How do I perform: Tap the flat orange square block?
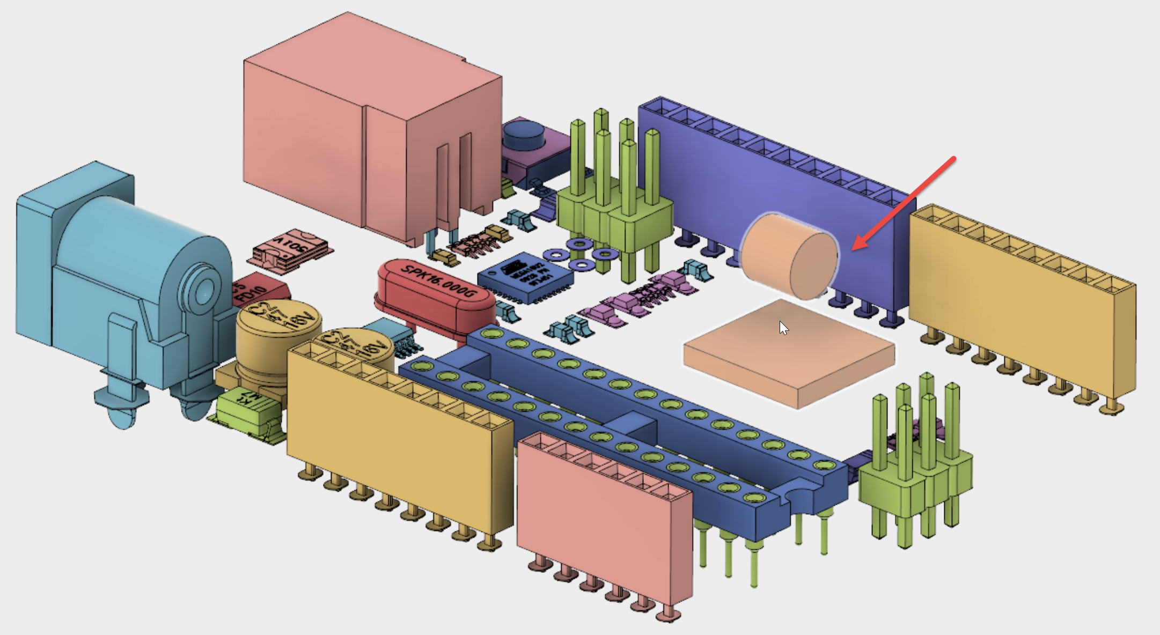(789, 354)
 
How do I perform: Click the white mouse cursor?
(783, 328)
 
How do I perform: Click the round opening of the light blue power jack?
(204, 293)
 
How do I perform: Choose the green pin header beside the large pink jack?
(617, 215)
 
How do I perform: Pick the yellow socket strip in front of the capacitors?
(397, 429)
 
